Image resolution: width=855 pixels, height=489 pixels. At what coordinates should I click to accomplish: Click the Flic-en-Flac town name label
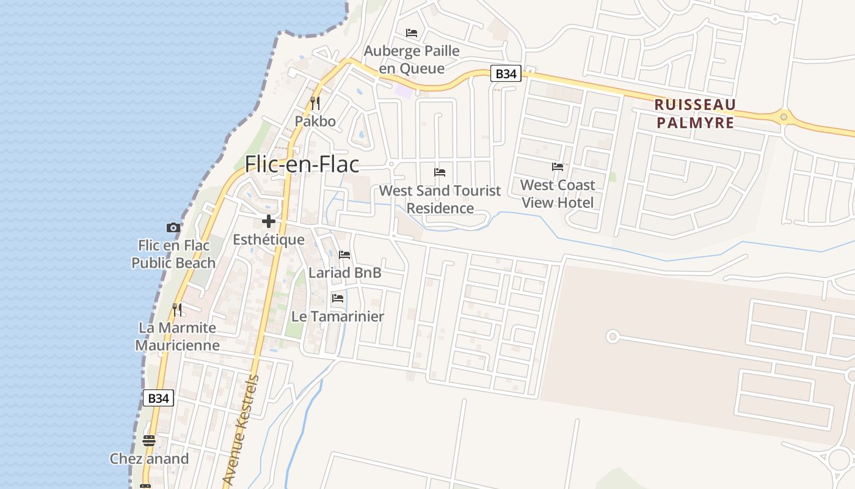click(x=302, y=164)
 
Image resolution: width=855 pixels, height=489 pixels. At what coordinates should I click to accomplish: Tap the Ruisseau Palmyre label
click(x=695, y=113)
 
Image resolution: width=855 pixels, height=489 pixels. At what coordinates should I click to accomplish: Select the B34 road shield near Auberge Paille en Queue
click(x=506, y=74)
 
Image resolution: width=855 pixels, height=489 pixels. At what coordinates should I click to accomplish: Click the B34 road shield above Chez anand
click(x=158, y=398)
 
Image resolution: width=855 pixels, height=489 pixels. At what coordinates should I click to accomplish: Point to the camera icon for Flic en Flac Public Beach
click(x=173, y=228)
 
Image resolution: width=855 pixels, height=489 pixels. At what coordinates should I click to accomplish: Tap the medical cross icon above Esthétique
click(x=268, y=221)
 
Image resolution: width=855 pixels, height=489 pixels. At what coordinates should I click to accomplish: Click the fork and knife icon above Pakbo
click(x=315, y=103)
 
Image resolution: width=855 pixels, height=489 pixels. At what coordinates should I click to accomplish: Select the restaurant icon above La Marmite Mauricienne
click(x=177, y=310)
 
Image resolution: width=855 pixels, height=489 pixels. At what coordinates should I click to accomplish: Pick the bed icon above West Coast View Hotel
click(x=557, y=166)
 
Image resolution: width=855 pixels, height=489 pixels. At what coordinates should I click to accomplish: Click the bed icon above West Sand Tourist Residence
click(x=440, y=172)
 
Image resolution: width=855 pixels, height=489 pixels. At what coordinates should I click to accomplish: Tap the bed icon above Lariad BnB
click(x=344, y=254)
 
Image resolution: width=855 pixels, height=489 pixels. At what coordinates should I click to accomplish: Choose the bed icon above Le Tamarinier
click(x=337, y=298)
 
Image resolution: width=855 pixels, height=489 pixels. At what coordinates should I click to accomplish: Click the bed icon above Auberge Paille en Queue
click(x=412, y=32)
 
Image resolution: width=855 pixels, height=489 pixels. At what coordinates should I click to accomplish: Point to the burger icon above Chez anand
click(x=149, y=440)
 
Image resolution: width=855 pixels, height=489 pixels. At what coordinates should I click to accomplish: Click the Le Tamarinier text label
click(x=338, y=317)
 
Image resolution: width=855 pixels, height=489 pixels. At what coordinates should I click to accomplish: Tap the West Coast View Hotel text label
click(x=557, y=193)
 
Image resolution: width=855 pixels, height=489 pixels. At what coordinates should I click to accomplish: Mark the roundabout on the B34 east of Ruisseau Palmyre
click(x=784, y=116)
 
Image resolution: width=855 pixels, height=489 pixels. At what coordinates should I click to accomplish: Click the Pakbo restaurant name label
click(x=315, y=121)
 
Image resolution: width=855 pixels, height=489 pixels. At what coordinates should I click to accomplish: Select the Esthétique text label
click(x=269, y=240)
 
